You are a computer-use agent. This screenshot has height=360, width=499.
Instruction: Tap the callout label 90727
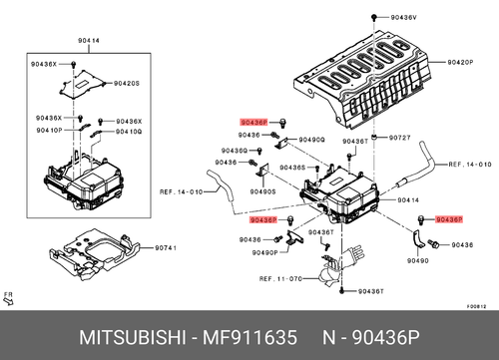coord(400,137)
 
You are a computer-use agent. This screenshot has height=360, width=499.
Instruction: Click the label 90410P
coord(50,131)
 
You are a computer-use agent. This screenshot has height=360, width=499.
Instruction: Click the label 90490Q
coord(311,140)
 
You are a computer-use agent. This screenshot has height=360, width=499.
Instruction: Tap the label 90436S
coord(292,170)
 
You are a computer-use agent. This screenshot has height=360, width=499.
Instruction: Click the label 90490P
coord(264,252)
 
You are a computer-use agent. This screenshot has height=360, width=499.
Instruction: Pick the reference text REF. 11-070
coord(281,280)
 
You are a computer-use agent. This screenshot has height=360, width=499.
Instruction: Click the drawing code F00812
coord(477,308)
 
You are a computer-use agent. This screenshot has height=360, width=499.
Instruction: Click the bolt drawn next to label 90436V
coord(371,20)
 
